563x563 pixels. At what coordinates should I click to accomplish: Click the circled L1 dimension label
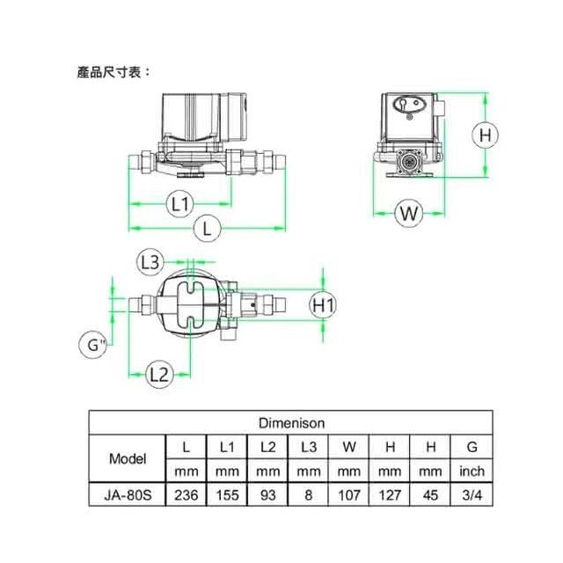coord(180,204)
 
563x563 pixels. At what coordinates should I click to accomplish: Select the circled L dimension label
coord(208,229)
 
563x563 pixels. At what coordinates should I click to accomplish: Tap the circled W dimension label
coord(408,213)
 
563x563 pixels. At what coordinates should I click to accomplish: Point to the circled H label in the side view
coord(485,135)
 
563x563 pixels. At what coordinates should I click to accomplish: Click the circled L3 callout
coord(150,262)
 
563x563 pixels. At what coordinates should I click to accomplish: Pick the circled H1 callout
coord(323,305)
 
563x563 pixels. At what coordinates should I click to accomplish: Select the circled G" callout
coord(92,345)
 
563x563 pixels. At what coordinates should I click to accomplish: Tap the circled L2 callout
coord(159,375)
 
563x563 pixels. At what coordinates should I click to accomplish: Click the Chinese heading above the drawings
coord(113,72)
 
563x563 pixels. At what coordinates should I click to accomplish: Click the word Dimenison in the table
coord(291,423)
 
